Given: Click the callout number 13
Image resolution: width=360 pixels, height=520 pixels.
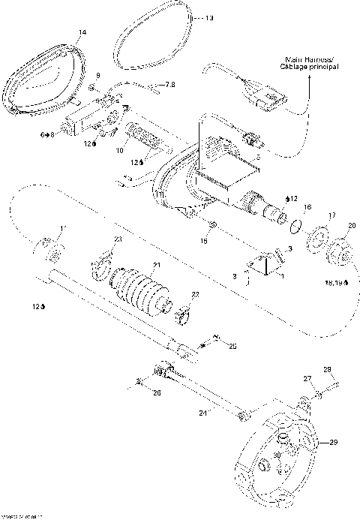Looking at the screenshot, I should pyautogui.click(x=208, y=16).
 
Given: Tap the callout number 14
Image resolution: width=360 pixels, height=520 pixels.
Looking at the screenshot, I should pyautogui.click(x=82, y=32).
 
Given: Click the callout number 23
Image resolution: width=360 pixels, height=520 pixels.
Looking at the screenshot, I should pyautogui.click(x=117, y=239).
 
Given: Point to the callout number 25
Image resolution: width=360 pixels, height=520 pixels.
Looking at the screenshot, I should pyautogui.click(x=232, y=346).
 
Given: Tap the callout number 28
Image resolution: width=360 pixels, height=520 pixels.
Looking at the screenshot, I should pyautogui.click(x=327, y=370).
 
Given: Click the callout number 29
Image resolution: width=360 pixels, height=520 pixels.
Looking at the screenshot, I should pyautogui.click(x=334, y=443).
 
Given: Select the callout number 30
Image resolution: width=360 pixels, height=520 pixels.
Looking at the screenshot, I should pyautogui.click(x=277, y=455).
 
